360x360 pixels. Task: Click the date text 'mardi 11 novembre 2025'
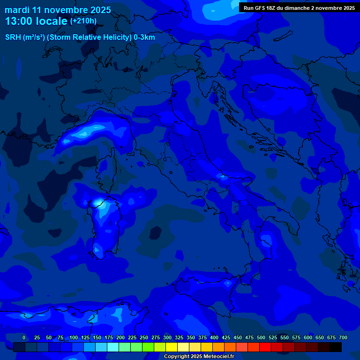[58, 10]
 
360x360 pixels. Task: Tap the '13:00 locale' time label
[37, 21]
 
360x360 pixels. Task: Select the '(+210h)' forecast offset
[83, 21]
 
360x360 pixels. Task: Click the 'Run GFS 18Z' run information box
[299, 8]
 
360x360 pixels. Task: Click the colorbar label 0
[24, 337]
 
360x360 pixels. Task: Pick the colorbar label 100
[74, 337]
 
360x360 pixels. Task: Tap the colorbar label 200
[120, 337]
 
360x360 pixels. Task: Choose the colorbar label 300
[167, 337]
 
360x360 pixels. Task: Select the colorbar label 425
[226, 337]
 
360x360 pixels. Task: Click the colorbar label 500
[261, 337]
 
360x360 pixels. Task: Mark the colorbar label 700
[343, 337]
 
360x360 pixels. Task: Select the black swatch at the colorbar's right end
[336, 347]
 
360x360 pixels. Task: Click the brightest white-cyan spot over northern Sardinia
[98, 202]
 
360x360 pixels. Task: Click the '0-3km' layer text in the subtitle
[144, 37]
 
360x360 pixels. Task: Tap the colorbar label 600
[308, 337]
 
